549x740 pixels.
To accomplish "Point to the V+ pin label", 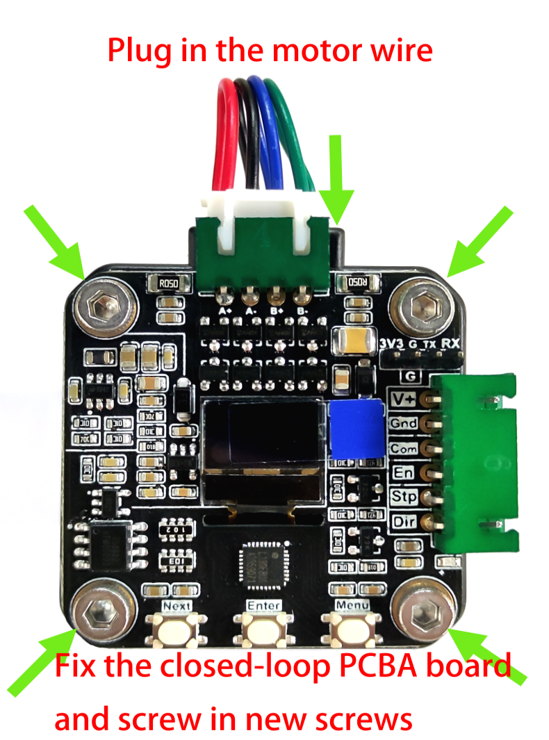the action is click(x=404, y=400).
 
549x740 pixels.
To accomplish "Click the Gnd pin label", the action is click(x=403, y=424).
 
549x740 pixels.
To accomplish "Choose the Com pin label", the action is click(x=403, y=448).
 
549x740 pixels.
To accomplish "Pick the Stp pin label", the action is click(x=403, y=497).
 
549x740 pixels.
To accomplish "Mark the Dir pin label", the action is click(x=403, y=521).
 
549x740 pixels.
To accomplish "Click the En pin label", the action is click(x=403, y=473).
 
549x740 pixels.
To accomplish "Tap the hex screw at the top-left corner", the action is click(x=104, y=306).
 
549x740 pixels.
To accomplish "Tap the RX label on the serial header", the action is click(x=450, y=343).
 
